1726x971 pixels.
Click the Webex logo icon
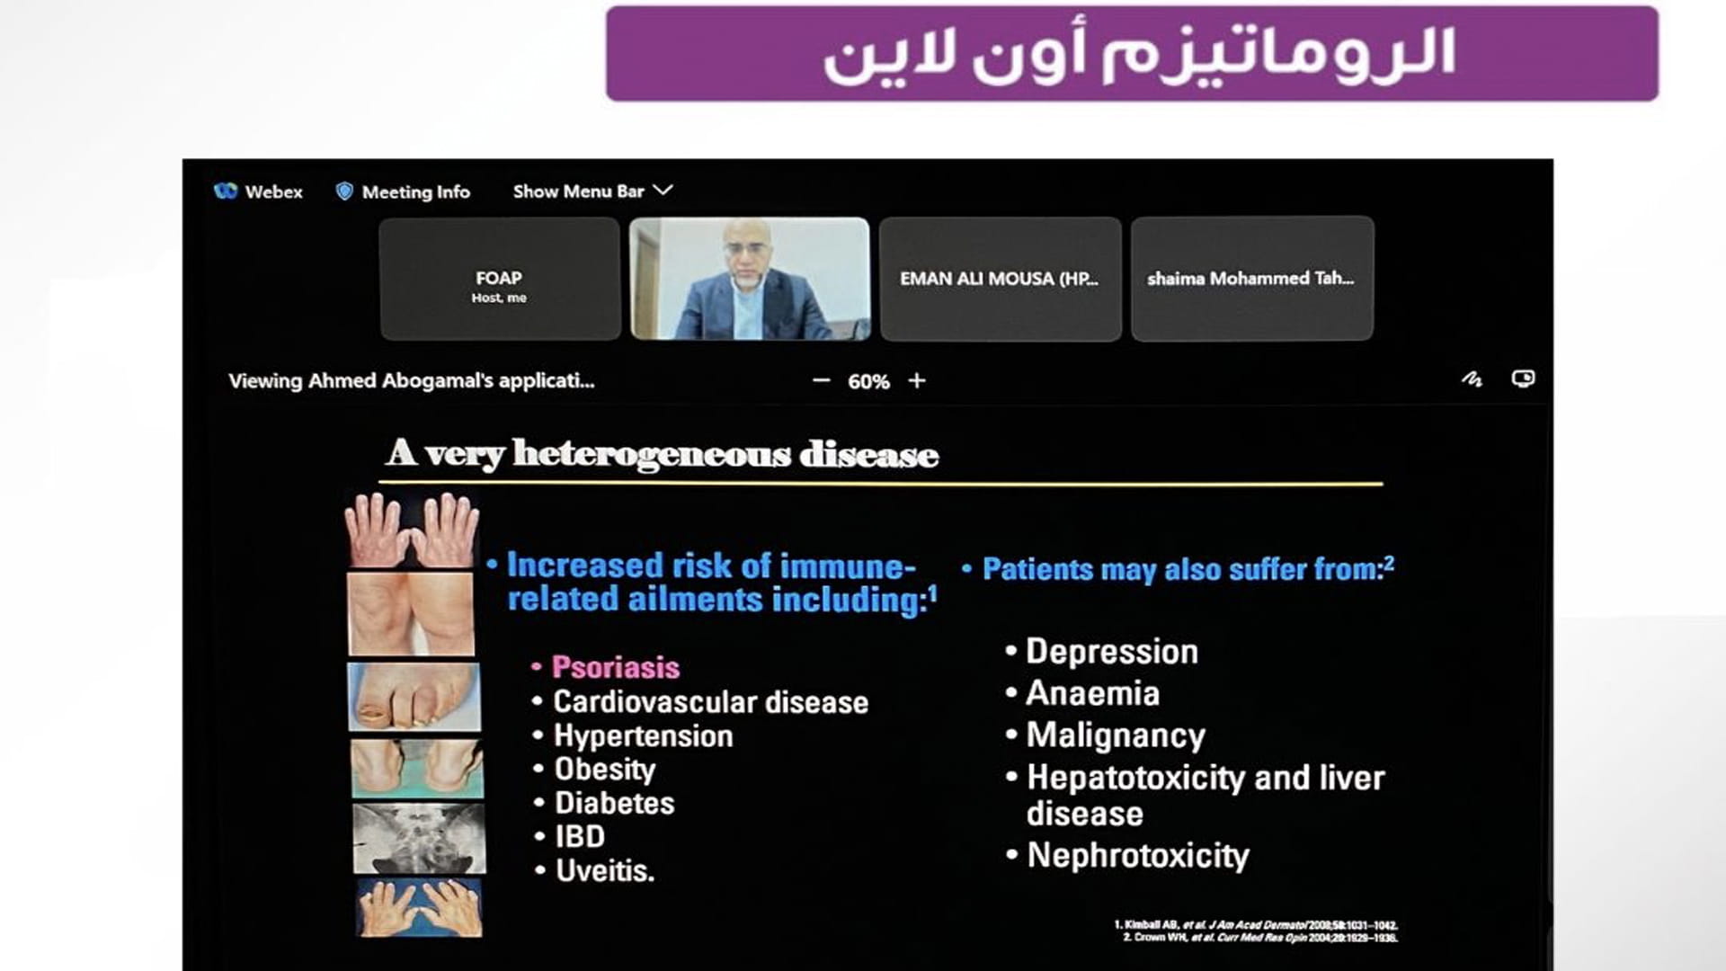[225, 191]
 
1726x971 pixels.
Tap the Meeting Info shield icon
[343, 192]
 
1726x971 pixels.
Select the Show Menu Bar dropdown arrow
[663, 191]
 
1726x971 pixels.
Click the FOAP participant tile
[500, 279]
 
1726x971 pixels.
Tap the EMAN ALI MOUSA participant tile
[1000, 279]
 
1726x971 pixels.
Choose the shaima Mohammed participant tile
[1251, 279]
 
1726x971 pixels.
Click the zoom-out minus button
[821, 380]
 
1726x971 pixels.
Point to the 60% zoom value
[868, 381]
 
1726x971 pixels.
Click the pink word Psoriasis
[616, 667]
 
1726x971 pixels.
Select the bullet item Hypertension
[643, 735]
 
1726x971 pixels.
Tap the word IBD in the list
[580, 836]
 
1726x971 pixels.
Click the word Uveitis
[604, 870]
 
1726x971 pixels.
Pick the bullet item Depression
[1112, 651]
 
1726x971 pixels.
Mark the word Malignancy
[1116, 735]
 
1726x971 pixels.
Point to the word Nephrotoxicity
[1138, 855]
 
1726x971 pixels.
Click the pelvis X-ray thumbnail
[419, 839]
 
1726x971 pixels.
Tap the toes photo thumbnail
[414, 697]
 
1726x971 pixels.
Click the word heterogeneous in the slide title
[652, 454]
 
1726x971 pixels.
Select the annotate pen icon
[1472, 379]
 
